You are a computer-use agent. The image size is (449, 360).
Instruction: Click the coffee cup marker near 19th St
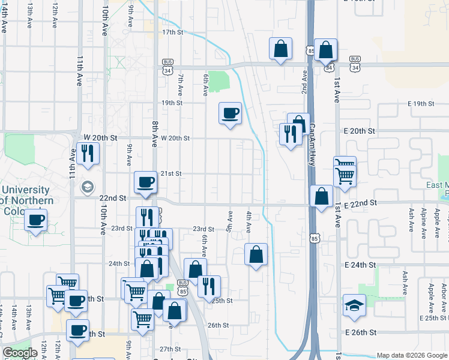tap(230, 113)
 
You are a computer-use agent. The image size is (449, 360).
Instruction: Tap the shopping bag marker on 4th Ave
tap(256, 254)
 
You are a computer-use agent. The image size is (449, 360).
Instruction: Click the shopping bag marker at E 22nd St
tap(322, 196)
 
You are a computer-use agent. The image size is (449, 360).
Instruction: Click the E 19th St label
tap(420, 104)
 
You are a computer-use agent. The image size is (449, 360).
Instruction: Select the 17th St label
tap(172, 32)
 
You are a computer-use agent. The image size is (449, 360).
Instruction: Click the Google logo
tap(20, 353)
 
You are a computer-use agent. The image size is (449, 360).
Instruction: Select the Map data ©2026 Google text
tap(412, 355)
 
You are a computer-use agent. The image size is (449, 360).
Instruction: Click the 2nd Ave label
tap(304, 82)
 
